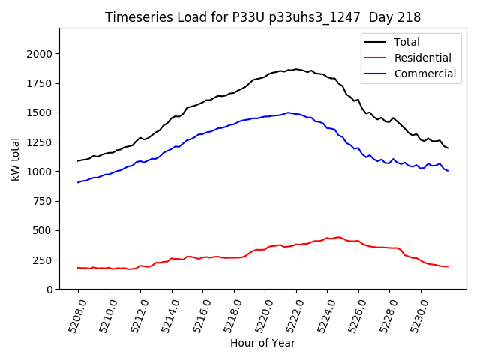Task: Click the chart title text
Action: point(262,17)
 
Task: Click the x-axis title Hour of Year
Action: point(262,343)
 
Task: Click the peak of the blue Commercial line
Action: point(288,112)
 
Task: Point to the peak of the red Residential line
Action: point(338,237)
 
